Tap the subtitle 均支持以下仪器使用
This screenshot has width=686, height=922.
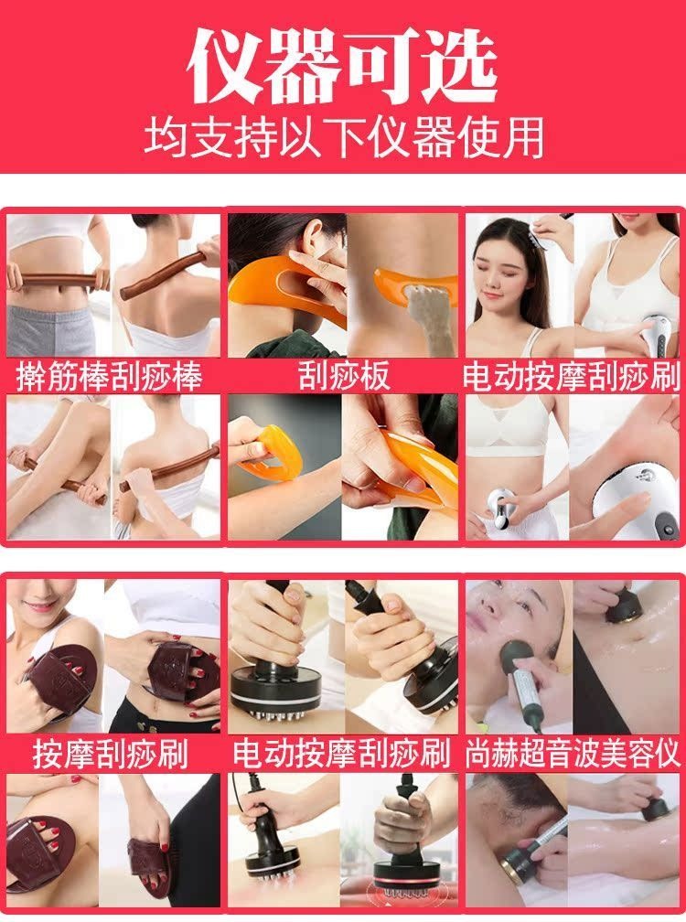[x=343, y=137]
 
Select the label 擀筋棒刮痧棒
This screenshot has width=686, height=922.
[x=110, y=377]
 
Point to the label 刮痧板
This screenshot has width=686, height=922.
[x=344, y=376]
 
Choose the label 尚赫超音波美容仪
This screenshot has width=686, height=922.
[x=573, y=755]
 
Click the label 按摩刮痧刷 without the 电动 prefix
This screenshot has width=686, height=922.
[x=111, y=755]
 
